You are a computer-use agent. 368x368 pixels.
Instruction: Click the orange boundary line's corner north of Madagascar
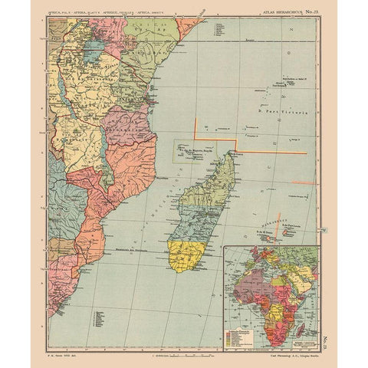[235, 142]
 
